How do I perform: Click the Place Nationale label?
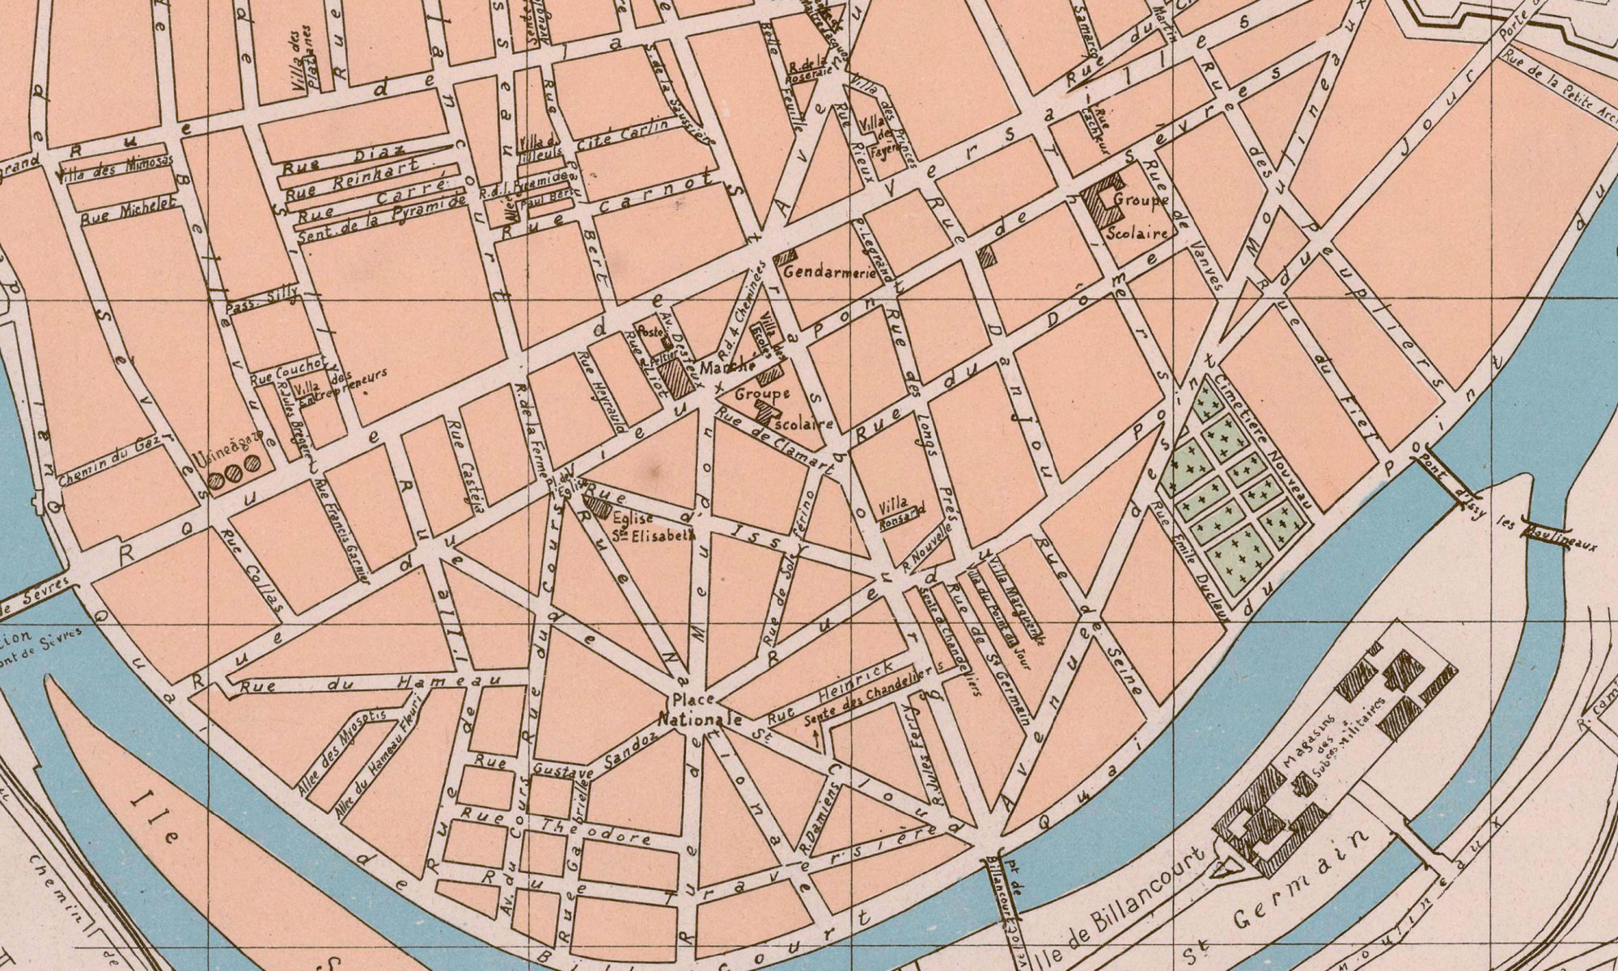coord(701,710)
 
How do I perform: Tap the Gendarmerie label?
coord(829,273)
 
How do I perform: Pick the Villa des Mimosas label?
coord(108,171)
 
